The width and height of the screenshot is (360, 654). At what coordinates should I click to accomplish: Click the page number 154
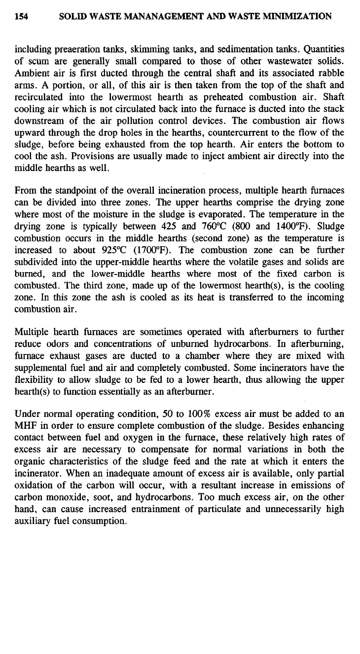[x=21, y=17]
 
